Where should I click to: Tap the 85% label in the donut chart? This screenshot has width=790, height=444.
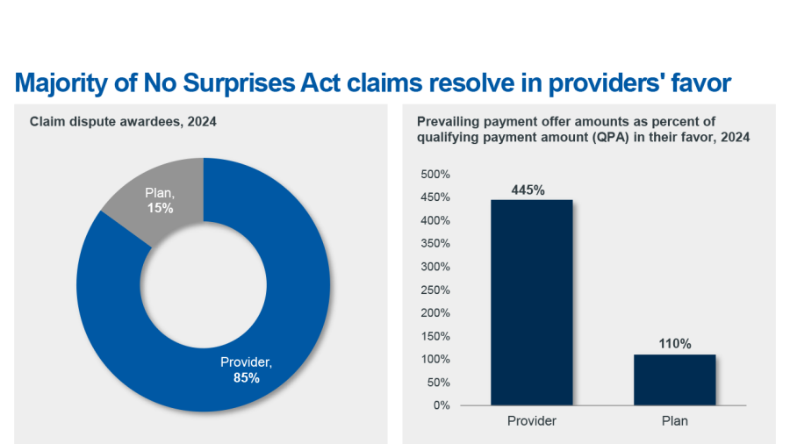click(247, 378)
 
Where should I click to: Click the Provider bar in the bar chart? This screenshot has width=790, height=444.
click(532, 303)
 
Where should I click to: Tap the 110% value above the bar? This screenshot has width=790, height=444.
click(674, 344)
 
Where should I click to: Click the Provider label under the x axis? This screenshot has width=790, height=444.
click(532, 421)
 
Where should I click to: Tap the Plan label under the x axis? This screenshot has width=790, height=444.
click(674, 421)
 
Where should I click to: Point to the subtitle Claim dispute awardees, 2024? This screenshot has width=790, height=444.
click(123, 122)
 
